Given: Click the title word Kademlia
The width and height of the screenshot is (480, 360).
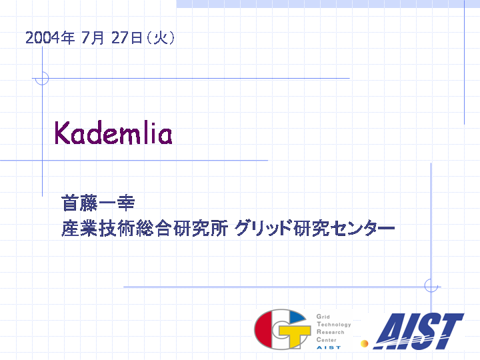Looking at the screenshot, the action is [x=113, y=133].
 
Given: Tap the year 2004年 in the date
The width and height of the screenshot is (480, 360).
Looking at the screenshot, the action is [x=50, y=38].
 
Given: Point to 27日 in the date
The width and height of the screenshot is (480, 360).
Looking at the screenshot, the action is [x=127, y=38].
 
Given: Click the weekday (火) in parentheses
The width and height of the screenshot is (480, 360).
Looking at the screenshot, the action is [x=161, y=38].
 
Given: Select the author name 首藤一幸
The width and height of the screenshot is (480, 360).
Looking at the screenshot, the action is [x=98, y=203].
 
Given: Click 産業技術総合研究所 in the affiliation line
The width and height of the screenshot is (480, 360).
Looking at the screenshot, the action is [x=145, y=228].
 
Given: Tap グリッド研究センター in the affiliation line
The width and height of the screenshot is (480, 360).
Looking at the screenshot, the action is [x=315, y=228].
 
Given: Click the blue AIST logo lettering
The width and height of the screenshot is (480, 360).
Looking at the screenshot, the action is [x=419, y=331].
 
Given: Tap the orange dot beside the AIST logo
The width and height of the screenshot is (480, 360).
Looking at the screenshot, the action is [x=364, y=344].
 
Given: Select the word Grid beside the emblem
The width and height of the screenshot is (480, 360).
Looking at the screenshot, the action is [x=323, y=317].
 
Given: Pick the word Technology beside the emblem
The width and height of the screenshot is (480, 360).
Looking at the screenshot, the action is [x=334, y=325].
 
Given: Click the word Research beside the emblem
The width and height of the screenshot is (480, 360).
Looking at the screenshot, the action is [x=330, y=332].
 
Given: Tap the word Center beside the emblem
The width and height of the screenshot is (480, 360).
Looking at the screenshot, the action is [x=326, y=340].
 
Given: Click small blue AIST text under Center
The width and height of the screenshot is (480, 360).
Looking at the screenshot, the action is [x=329, y=347].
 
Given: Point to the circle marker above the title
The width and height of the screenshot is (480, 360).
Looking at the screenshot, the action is [x=42, y=79].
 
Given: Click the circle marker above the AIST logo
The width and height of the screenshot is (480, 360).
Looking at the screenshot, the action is [x=431, y=285].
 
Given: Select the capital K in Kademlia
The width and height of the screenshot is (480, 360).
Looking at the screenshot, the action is [x=62, y=133].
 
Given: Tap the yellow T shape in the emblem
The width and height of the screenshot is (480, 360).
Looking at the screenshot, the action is [x=293, y=335].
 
